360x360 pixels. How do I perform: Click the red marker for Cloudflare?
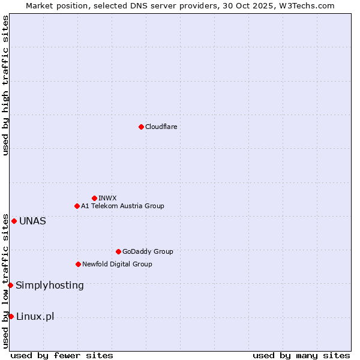click(141, 127)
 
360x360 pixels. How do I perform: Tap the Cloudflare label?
click(161, 127)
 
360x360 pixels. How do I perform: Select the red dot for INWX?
click(94, 198)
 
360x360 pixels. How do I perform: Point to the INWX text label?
click(107, 198)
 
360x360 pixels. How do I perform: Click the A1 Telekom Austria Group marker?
click(77, 206)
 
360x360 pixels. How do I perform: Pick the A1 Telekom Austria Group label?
click(122, 206)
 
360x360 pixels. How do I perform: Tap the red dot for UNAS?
click(14, 221)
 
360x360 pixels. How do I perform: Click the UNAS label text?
click(32, 221)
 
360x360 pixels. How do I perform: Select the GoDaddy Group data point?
click(118, 251)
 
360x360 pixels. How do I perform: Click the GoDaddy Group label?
click(148, 251)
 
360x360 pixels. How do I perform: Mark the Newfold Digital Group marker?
click(78, 264)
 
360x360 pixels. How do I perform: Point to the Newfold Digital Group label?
click(117, 264)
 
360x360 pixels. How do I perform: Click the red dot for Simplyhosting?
click(10, 285)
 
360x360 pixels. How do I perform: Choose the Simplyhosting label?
click(50, 285)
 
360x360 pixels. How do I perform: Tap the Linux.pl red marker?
click(11, 316)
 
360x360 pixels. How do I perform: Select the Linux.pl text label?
click(35, 316)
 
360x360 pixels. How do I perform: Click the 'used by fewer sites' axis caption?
click(62, 355)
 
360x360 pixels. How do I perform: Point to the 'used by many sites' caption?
click(301, 355)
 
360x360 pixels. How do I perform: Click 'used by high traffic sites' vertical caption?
click(5, 85)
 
